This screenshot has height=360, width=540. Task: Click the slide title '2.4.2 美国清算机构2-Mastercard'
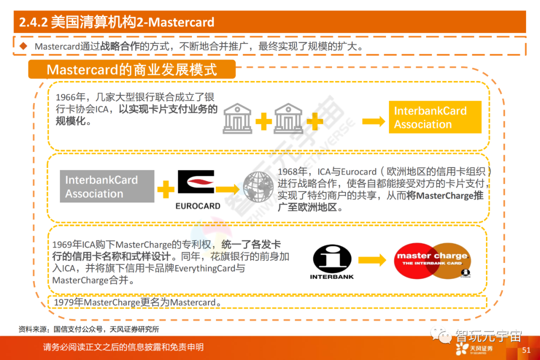[x=116, y=22]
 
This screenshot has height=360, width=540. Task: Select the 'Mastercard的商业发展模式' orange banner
[x=131, y=69]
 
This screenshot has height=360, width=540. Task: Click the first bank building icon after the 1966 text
[x=237, y=118]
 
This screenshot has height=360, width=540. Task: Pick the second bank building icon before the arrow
[x=288, y=118]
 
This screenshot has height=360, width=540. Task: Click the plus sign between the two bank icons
[x=263, y=120]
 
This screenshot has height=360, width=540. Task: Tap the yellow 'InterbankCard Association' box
[x=434, y=117]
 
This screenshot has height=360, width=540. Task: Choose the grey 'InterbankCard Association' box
[x=107, y=186]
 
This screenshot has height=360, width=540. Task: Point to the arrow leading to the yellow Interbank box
[x=373, y=120]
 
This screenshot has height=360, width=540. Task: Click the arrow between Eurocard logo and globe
[x=227, y=189]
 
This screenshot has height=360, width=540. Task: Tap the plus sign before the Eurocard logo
[x=165, y=189]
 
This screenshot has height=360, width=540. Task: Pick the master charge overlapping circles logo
[x=432, y=260]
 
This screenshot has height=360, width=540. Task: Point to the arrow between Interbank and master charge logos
[x=372, y=260]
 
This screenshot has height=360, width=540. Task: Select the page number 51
[x=526, y=350]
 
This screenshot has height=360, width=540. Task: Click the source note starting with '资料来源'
[x=88, y=329]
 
